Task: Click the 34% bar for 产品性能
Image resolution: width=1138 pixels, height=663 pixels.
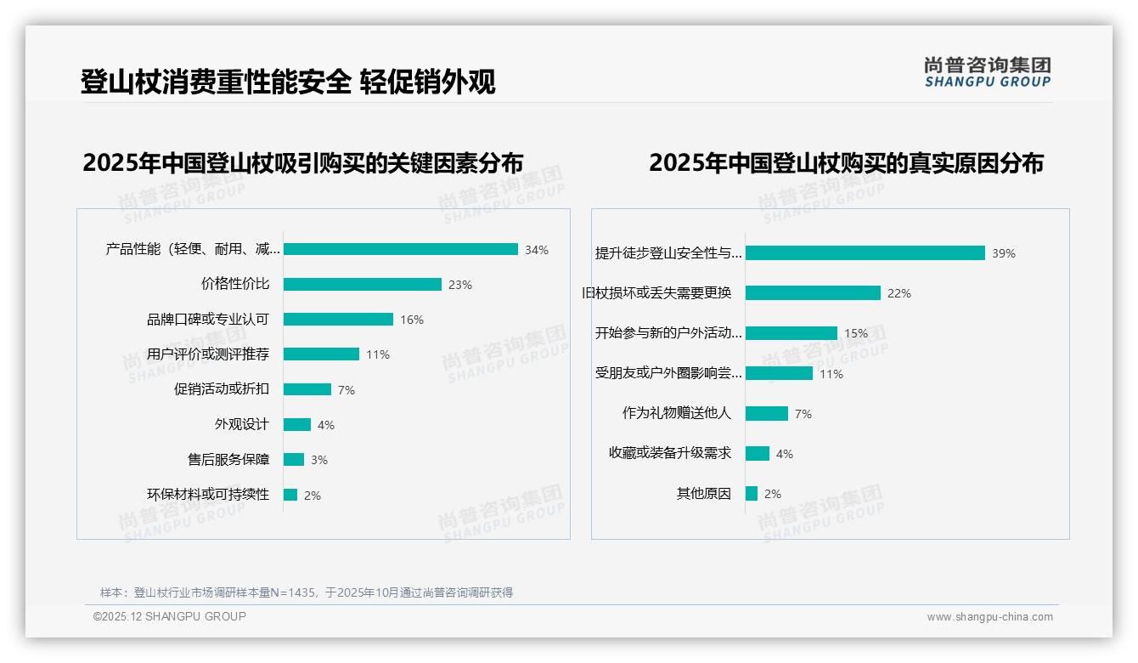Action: click(x=401, y=249)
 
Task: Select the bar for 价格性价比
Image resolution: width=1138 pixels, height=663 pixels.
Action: click(x=363, y=284)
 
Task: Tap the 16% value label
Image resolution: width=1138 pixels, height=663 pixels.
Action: click(x=412, y=320)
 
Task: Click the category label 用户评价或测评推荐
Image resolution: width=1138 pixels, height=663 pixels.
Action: click(x=208, y=354)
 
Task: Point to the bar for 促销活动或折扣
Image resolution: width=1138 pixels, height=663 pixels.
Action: click(x=307, y=389)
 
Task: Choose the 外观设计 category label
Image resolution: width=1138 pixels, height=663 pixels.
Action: click(x=241, y=424)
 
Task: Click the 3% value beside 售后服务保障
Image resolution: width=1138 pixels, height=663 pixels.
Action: click(x=319, y=460)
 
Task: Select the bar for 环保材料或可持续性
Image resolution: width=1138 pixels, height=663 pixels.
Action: click(x=290, y=495)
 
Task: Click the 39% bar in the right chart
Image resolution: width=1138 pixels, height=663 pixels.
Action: click(x=865, y=252)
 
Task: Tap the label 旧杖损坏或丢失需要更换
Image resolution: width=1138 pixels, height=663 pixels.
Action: click(x=656, y=293)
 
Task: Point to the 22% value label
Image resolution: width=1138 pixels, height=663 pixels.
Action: click(x=899, y=293)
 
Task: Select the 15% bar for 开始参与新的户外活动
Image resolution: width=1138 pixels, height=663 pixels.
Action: click(x=792, y=333)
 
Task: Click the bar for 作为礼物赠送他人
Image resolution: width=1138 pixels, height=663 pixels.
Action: click(x=767, y=413)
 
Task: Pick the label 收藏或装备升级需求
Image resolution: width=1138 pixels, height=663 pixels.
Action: click(x=670, y=453)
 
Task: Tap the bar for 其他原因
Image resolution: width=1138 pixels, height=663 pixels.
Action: click(x=752, y=493)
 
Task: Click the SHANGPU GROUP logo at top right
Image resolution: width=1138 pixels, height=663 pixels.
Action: click(x=988, y=72)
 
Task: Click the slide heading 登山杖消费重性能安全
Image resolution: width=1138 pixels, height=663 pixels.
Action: click(x=216, y=82)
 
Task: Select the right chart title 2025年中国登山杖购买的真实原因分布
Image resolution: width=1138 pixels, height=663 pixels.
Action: click(x=846, y=162)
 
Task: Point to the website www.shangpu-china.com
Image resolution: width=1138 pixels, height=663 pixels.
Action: click(x=989, y=617)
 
